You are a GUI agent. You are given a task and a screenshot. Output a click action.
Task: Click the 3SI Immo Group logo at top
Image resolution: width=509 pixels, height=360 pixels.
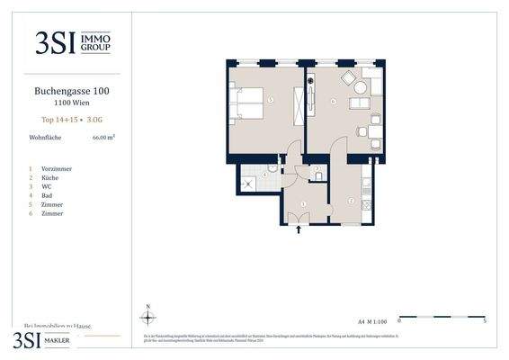tap(73, 41)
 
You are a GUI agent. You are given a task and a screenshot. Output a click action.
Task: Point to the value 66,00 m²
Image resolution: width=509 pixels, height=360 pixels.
tap(104, 139)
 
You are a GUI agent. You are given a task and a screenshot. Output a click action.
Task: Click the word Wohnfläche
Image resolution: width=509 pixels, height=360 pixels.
tap(44, 139)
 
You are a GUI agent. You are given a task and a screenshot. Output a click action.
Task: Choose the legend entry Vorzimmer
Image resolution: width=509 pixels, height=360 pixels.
tap(55, 169)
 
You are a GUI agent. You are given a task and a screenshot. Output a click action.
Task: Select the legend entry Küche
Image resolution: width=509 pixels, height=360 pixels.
tap(50, 178)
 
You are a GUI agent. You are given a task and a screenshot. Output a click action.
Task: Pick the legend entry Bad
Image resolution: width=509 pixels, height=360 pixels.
tap(48, 196)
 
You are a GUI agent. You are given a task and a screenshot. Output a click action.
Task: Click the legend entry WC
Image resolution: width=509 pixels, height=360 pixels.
tap(47, 187)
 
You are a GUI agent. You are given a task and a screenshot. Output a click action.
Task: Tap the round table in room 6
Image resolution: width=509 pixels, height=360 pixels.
tap(361, 88)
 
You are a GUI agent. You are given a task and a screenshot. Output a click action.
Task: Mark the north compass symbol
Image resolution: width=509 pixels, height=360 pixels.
tap(148, 316)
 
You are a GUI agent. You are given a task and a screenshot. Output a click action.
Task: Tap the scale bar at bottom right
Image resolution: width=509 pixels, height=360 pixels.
tap(442, 317)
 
